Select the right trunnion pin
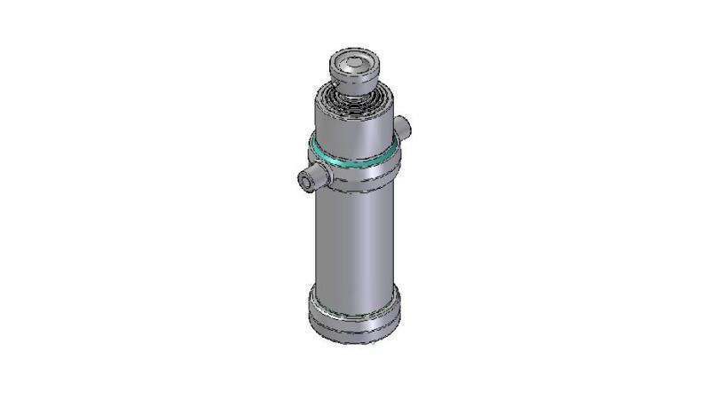click(404, 128)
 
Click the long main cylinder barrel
click(353, 239)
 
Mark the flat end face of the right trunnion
click(408, 128)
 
